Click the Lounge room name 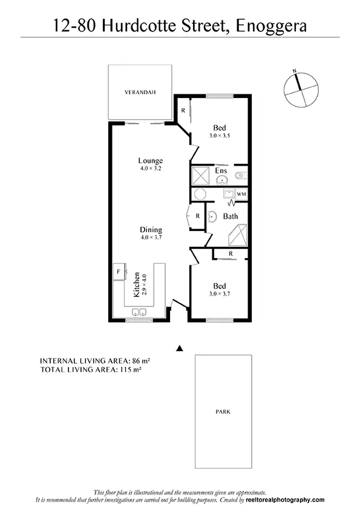[150, 161]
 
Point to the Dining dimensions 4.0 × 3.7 [151, 238]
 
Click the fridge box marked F [119, 272]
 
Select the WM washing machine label [241, 194]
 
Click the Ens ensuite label [221, 170]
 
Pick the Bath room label [231, 216]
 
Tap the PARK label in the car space [223, 412]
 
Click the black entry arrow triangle [178, 348]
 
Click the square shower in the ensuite [201, 175]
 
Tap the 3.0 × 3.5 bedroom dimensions [220, 136]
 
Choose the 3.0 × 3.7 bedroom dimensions [220, 294]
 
